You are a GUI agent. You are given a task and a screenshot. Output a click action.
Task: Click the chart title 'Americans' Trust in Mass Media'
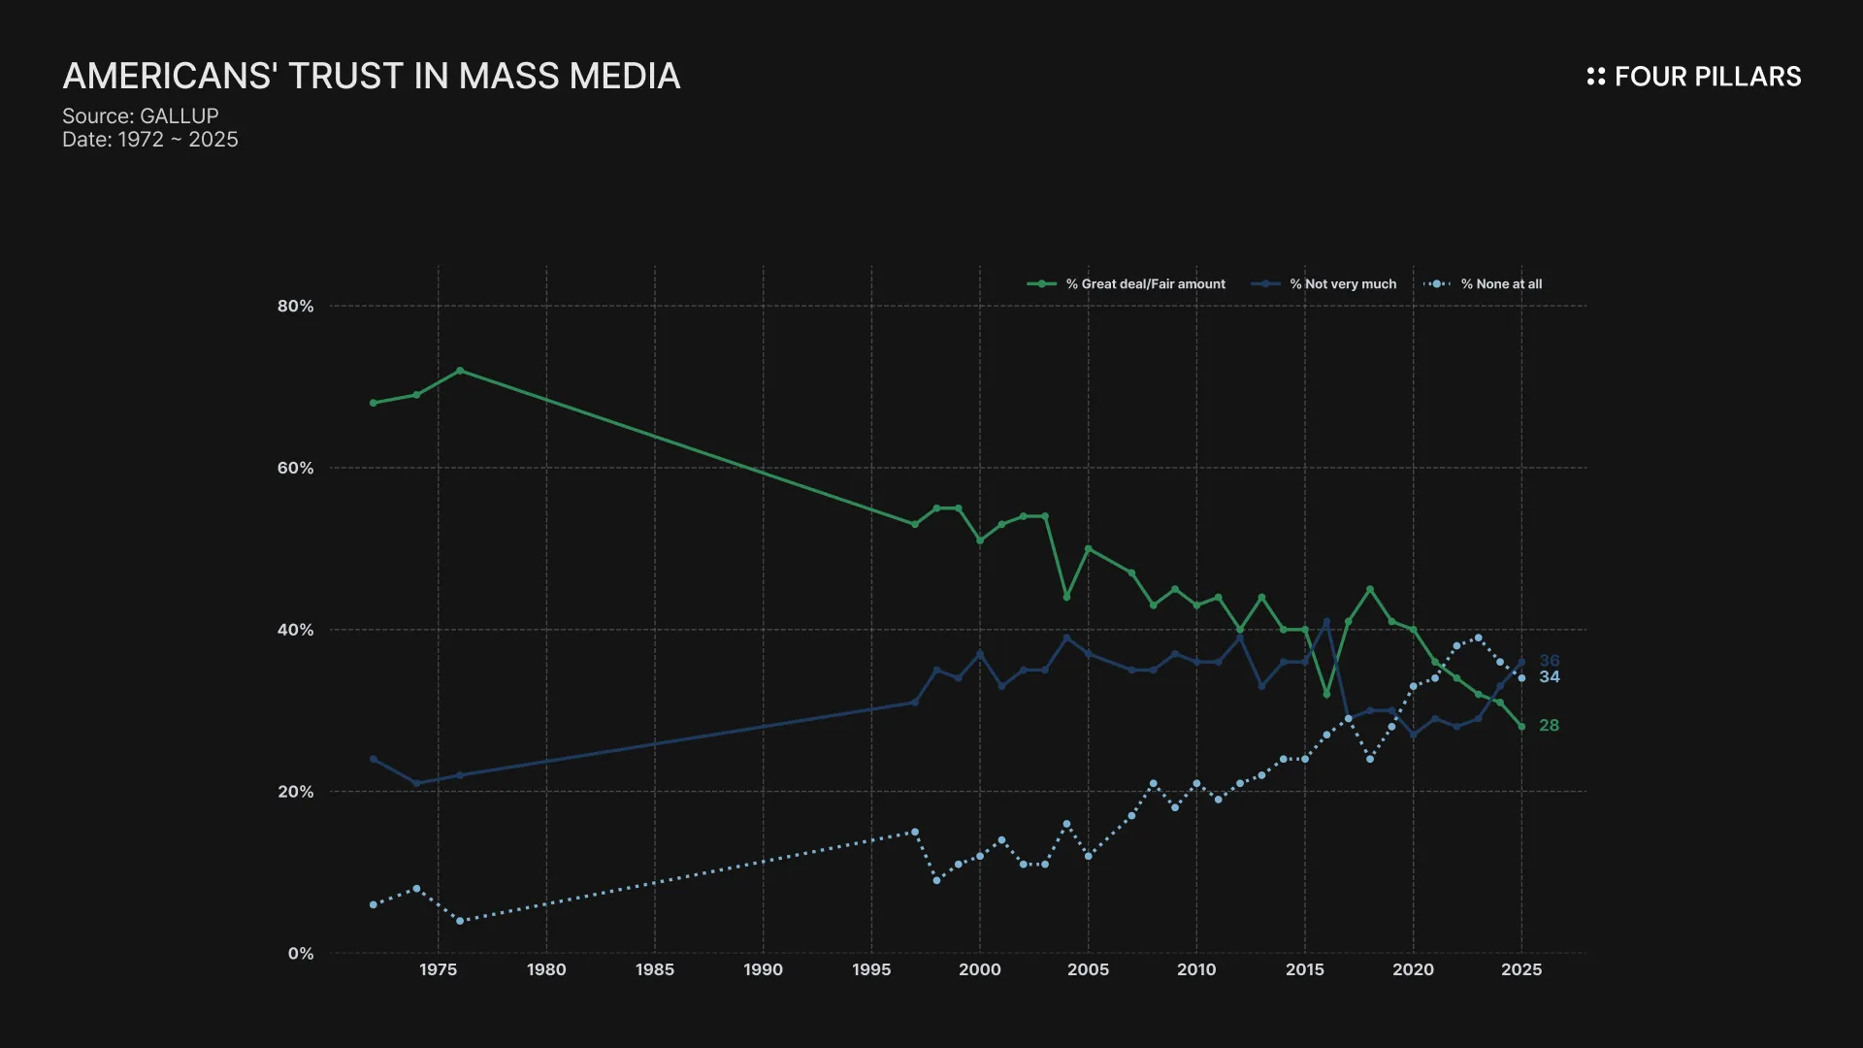[x=372, y=77]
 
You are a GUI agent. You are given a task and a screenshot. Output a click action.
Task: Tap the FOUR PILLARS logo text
[x=1707, y=77]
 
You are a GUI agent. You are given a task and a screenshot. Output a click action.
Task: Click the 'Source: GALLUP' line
[x=141, y=115]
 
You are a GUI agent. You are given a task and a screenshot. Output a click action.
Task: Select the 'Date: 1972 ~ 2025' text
[x=150, y=140]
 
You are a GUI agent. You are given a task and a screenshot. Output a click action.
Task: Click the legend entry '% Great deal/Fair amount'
[x=1145, y=284]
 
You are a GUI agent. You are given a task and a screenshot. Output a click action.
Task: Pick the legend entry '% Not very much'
[x=1343, y=284]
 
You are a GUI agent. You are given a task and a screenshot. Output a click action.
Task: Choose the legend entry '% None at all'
[x=1501, y=284]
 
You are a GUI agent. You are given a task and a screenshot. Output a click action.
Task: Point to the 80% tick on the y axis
[x=296, y=307]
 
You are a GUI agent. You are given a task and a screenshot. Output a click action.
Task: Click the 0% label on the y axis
[x=301, y=954]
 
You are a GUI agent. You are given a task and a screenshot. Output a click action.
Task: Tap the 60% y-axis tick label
[x=296, y=468]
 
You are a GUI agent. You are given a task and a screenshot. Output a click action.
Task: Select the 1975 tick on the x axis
[x=439, y=969]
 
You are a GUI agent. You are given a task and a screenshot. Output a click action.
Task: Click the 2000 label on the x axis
[x=980, y=969]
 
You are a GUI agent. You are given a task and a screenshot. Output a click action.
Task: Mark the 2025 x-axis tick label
[x=1521, y=969]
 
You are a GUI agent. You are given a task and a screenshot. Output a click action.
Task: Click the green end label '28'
[x=1550, y=726]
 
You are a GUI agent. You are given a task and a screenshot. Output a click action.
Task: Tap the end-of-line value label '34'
[x=1550, y=677]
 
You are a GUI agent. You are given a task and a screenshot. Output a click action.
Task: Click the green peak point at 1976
[x=460, y=371]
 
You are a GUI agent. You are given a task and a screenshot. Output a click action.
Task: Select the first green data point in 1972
[x=374, y=403]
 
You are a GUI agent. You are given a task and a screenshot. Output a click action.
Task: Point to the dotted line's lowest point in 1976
[x=460, y=921]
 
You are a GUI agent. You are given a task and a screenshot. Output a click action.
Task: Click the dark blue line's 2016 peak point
[x=1326, y=622]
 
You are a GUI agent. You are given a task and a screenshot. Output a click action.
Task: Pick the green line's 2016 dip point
[x=1326, y=695]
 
